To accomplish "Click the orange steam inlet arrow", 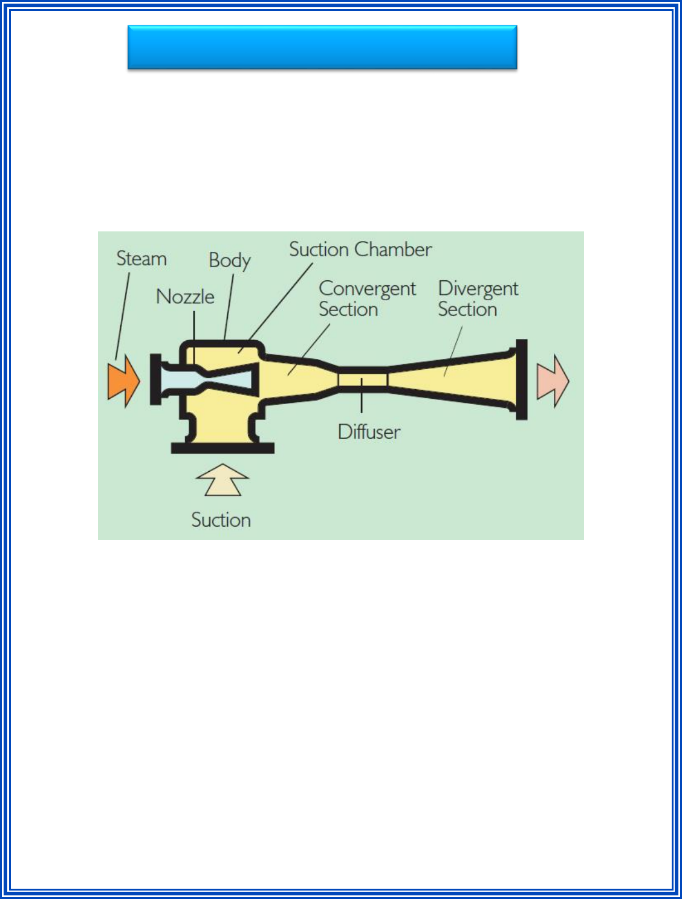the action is click(x=123, y=381).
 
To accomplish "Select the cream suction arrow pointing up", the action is click(x=222, y=480).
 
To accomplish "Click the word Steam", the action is click(x=141, y=259).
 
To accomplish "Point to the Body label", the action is click(x=229, y=260).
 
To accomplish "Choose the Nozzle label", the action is click(x=185, y=297).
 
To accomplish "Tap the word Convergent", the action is click(x=367, y=289).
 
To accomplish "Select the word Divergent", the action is click(x=478, y=289).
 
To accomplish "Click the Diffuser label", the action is click(x=369, y=432).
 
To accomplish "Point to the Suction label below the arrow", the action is click(x=221, y=520).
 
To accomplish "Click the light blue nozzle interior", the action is click(x=181, y=380).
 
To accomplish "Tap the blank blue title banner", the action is click(x=322, y=47).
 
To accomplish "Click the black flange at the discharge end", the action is click(x=521, y=379).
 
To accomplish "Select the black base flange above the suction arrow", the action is click(x=222, y=448).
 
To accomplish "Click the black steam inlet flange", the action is click(x=155, y=379).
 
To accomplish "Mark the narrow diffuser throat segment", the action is click(x=362, y=379).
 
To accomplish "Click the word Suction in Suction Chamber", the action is click(x=319, y=250).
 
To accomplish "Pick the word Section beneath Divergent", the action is click(x=467, y=309).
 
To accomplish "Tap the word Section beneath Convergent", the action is click(x=348, y=309).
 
